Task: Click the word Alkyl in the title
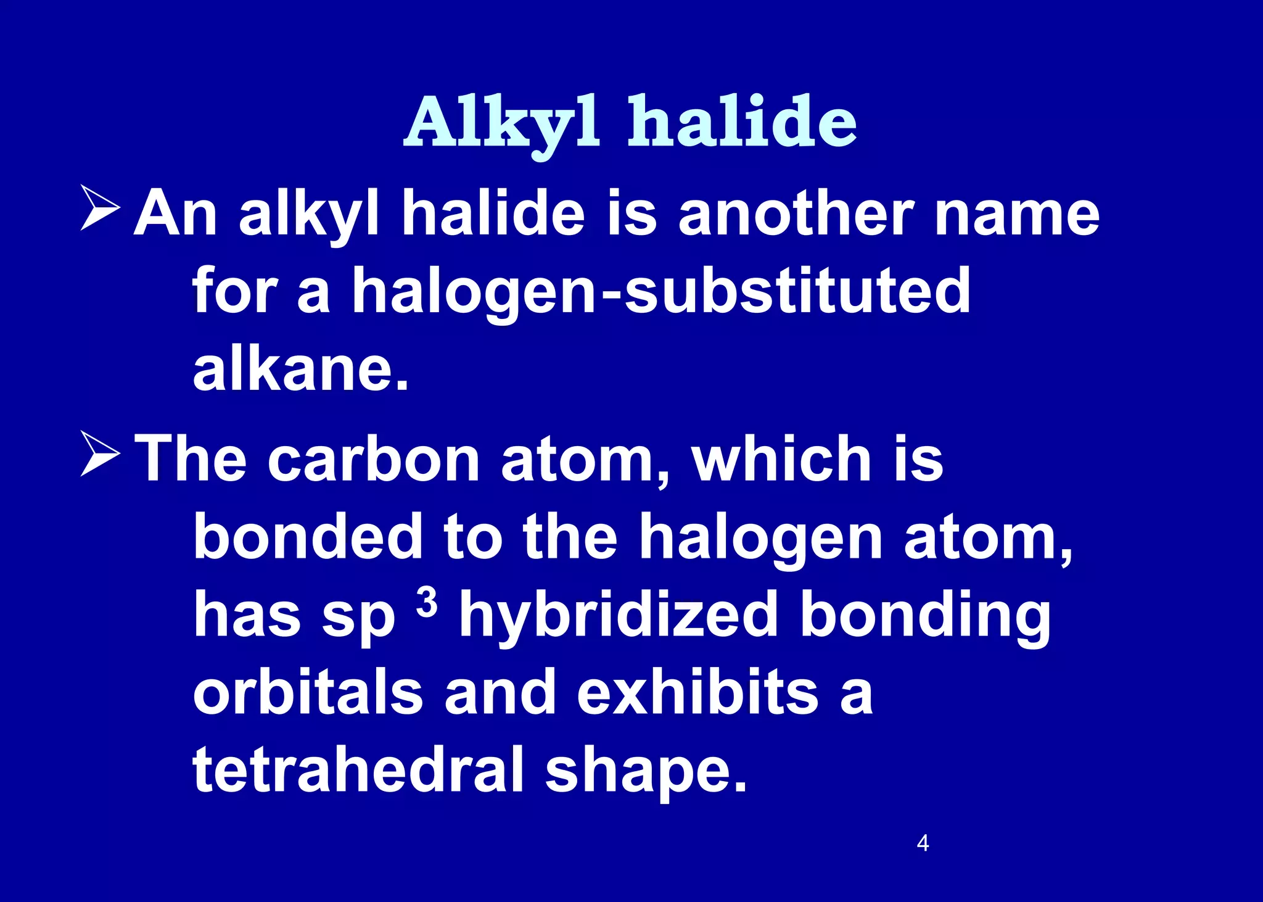coord(501,122)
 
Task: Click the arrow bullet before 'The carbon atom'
coord(100,455)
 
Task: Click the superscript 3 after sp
coord(427,602)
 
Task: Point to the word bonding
coord(925,615)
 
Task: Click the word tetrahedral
coord(358,769)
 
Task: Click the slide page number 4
coord(923,843)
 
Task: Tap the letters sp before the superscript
coord(358,617)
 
